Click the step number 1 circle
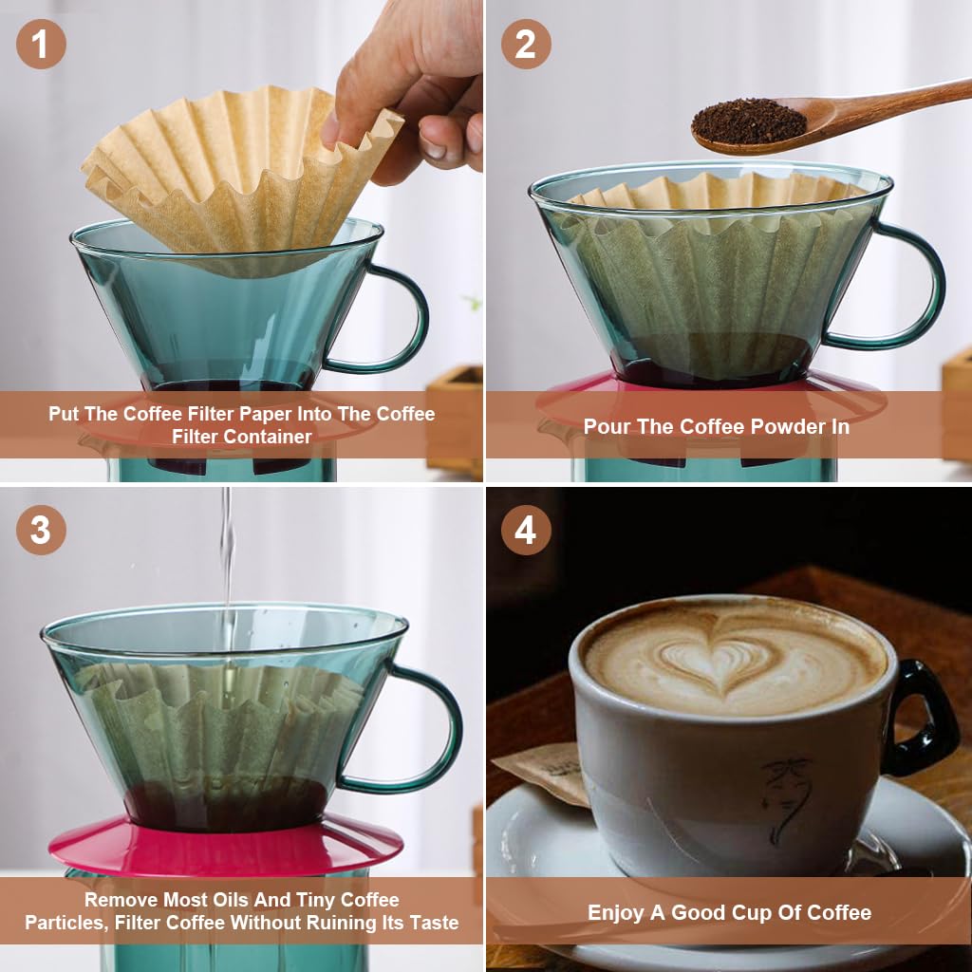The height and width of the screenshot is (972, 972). click(41, 44)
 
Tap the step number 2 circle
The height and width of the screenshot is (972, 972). click(526, 44)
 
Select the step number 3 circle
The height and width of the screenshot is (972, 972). click(41, 530)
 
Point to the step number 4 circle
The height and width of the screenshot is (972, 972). click(526, 530)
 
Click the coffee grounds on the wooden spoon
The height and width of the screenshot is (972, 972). click(749, 121)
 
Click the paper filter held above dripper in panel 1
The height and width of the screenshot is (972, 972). click(228, 171)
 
